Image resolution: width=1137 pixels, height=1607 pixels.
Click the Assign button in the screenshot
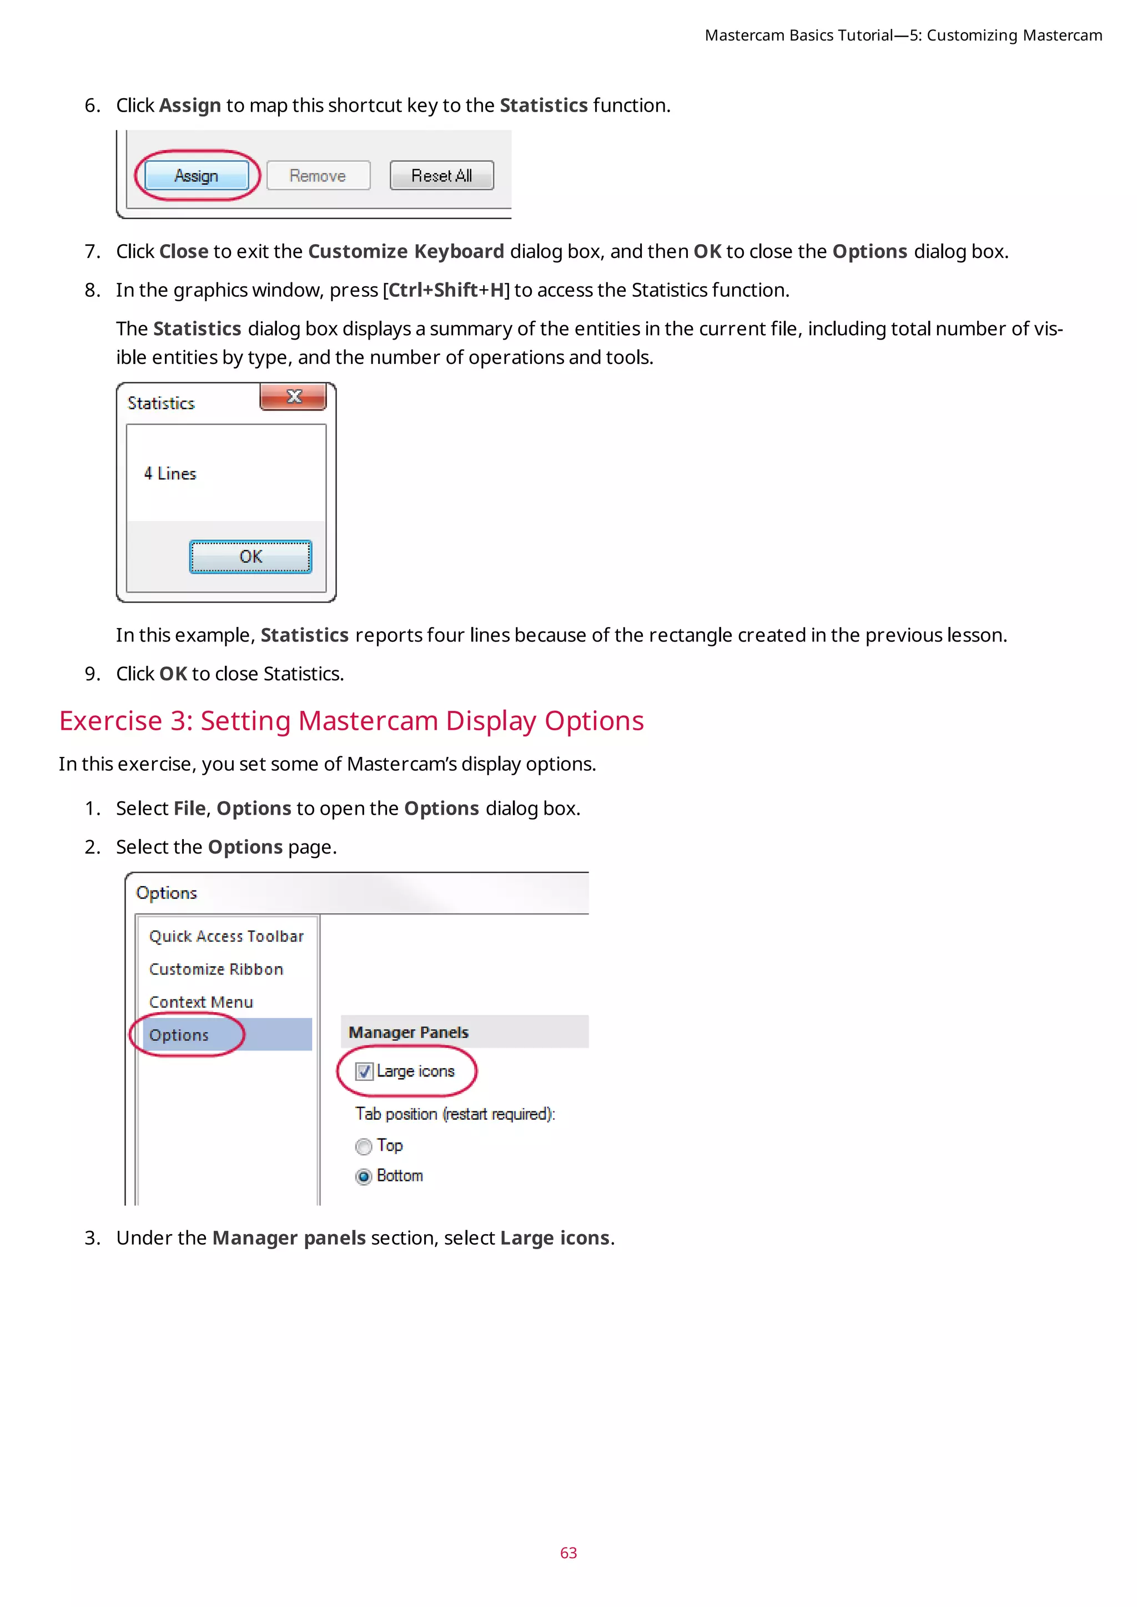click(x=196, y=176)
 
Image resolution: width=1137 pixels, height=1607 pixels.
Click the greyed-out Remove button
click(x=318, y=176)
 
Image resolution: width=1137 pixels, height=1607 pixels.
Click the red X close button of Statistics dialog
click(x=293, y=397)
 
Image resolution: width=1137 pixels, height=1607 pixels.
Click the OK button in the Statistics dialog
click(x=250, y=557)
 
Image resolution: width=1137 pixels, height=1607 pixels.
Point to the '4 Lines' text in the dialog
click(x=170, y=474)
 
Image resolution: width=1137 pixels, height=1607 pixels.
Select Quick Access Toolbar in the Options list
click(x=226, y=937)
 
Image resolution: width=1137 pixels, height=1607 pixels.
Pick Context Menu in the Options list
click(x=201, y=1002)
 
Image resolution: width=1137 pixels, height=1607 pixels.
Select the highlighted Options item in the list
click(x=179, y=1035)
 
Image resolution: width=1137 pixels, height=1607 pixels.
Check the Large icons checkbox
click(x=364, y=1072)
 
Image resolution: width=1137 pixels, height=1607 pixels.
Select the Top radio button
click(x=364, y=1146)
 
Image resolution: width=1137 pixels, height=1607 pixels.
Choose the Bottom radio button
click(x=364, y=1176)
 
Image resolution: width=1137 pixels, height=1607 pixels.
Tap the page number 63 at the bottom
click(x=568, y=1553)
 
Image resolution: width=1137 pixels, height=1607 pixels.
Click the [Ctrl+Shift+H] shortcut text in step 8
click(x=446, y=290)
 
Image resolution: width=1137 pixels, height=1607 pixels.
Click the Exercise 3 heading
click(x=351, y=721)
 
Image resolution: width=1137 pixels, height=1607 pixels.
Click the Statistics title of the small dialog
click(x=161, y=403)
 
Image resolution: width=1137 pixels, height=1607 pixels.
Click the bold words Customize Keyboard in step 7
click(x=406, y=251)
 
